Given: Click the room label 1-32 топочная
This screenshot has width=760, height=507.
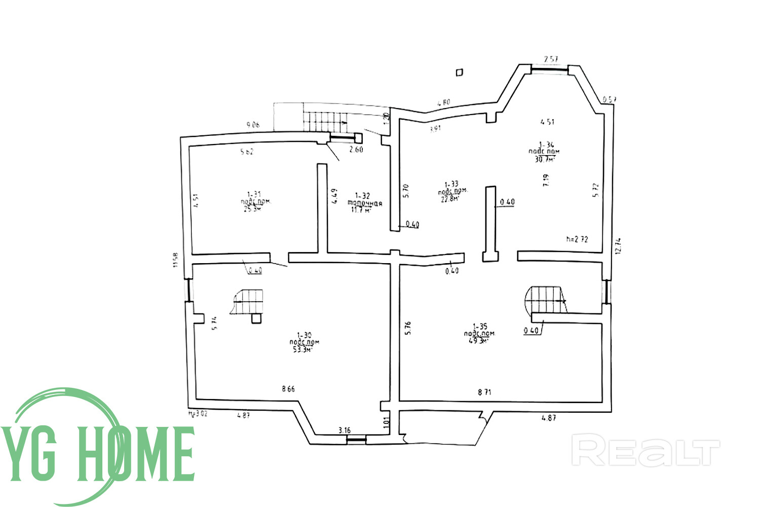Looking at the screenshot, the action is click(364, 203).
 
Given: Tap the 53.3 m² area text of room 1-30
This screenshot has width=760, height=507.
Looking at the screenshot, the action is click(303, 349).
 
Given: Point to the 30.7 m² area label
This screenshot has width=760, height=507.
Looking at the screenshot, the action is click(545, 159).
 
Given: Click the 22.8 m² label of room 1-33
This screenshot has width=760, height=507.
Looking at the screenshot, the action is click(449, 199).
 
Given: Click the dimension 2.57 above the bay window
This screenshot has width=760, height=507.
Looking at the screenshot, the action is click(551, 59).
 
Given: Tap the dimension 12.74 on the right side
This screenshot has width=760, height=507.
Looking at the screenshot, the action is click(618, 246).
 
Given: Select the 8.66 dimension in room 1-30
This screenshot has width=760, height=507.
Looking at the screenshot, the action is click(288, 389).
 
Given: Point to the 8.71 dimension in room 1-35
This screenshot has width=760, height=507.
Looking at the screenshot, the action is click(484, 392).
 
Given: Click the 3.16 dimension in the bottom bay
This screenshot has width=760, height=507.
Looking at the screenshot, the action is click(344, 430).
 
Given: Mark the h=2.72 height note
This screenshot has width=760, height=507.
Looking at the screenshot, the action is click(577, 239).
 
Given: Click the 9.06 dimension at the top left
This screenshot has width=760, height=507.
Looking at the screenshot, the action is click(253, 124).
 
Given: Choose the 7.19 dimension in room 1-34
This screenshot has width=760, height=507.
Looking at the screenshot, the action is click(546, 180).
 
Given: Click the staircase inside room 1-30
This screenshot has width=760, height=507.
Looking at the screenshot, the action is click(248, 302).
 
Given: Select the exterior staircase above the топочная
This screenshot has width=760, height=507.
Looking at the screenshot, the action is click(324, 121).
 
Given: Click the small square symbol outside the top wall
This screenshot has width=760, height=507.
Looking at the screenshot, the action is click(460, 73).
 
